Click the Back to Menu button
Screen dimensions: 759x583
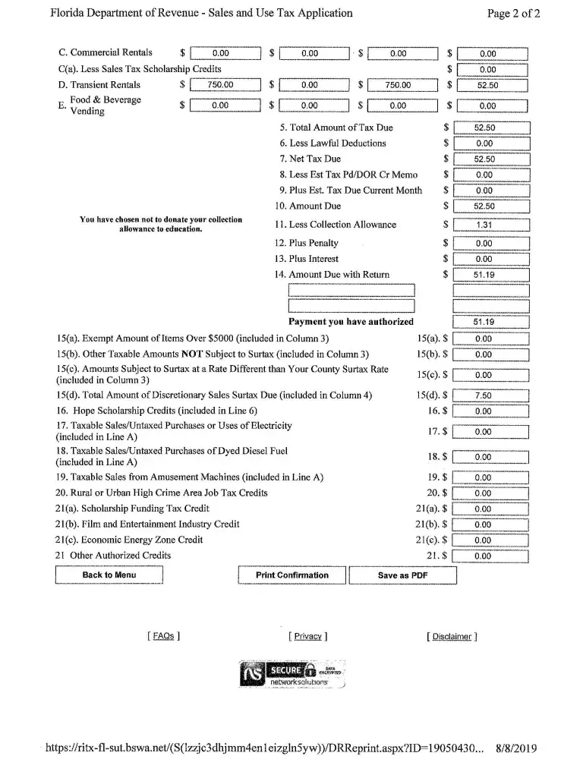coord(109,575)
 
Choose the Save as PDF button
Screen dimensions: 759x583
coord(402,575)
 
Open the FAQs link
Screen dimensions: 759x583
coord(163,636)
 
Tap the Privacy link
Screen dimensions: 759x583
coord(307,636)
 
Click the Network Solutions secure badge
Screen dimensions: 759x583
coord(291,674)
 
